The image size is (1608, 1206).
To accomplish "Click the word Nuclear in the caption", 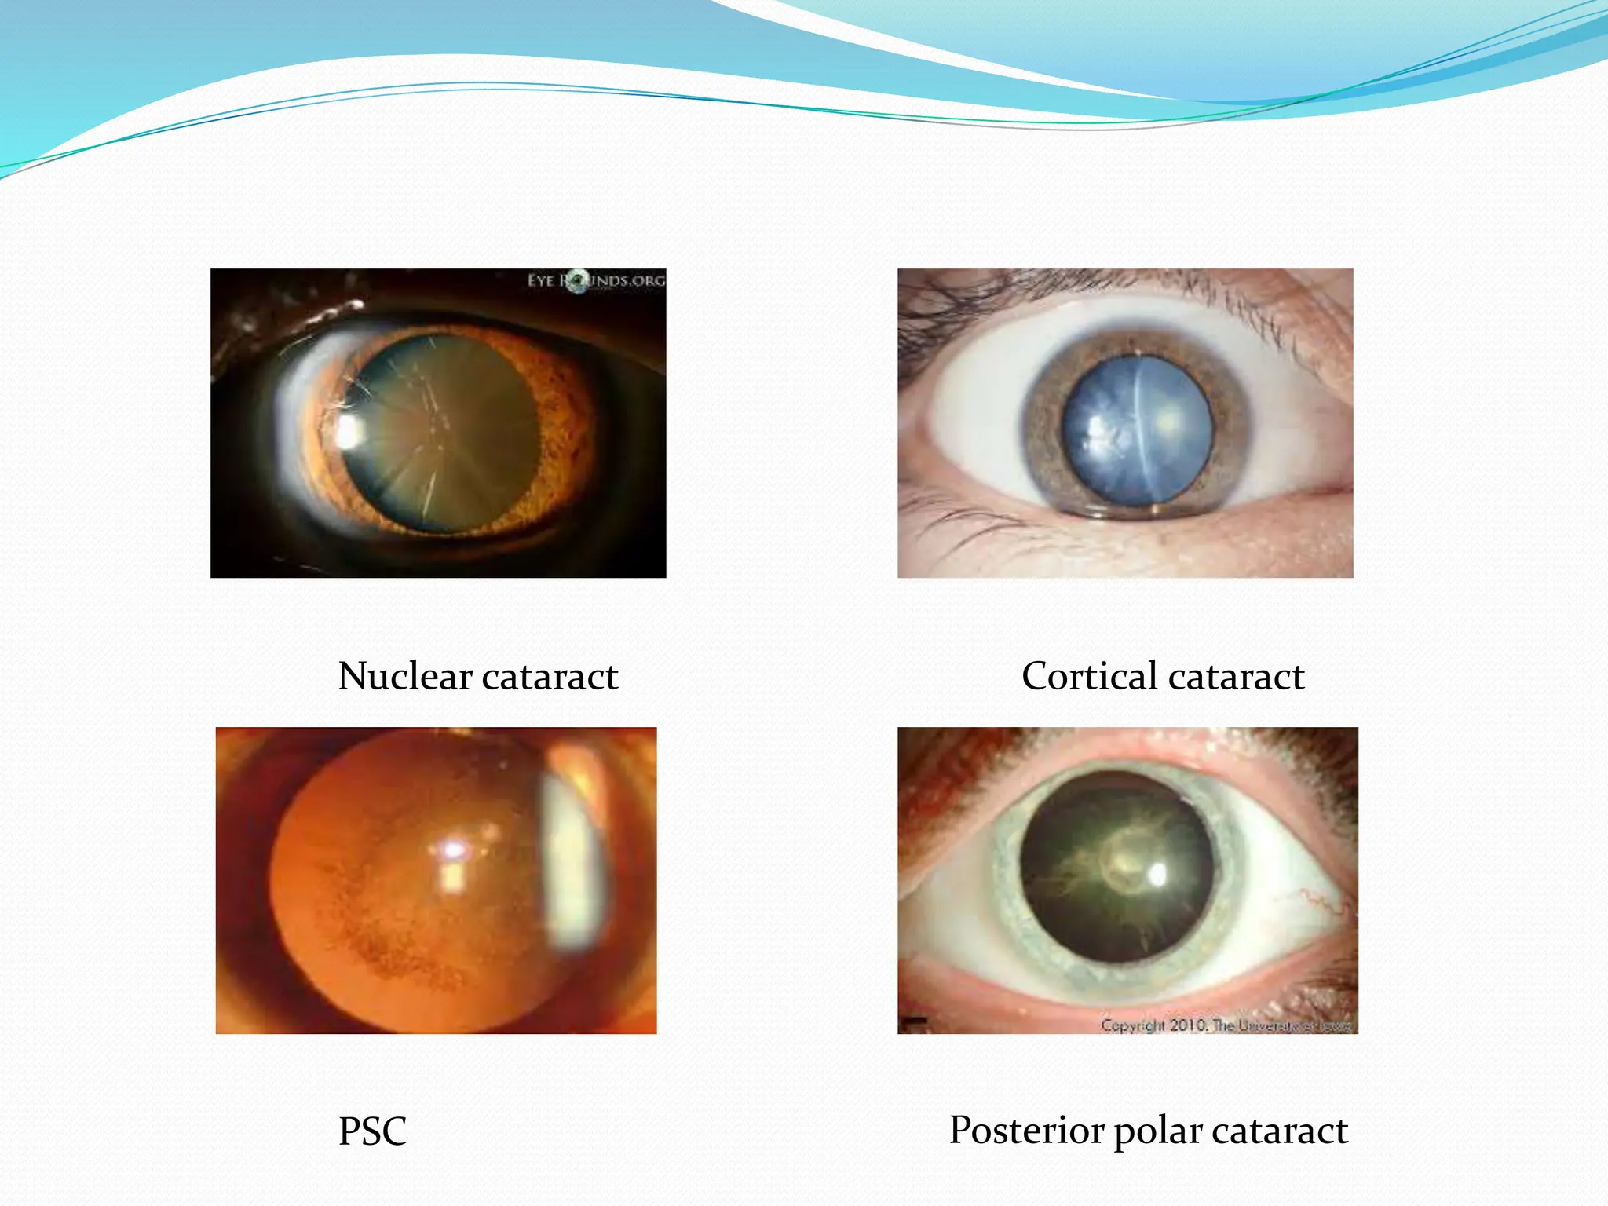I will (405, 676).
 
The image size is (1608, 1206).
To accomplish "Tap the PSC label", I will (372, 1131).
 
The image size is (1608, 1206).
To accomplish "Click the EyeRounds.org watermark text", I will (596, 280).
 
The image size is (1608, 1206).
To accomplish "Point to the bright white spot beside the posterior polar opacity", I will (1159, 873).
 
